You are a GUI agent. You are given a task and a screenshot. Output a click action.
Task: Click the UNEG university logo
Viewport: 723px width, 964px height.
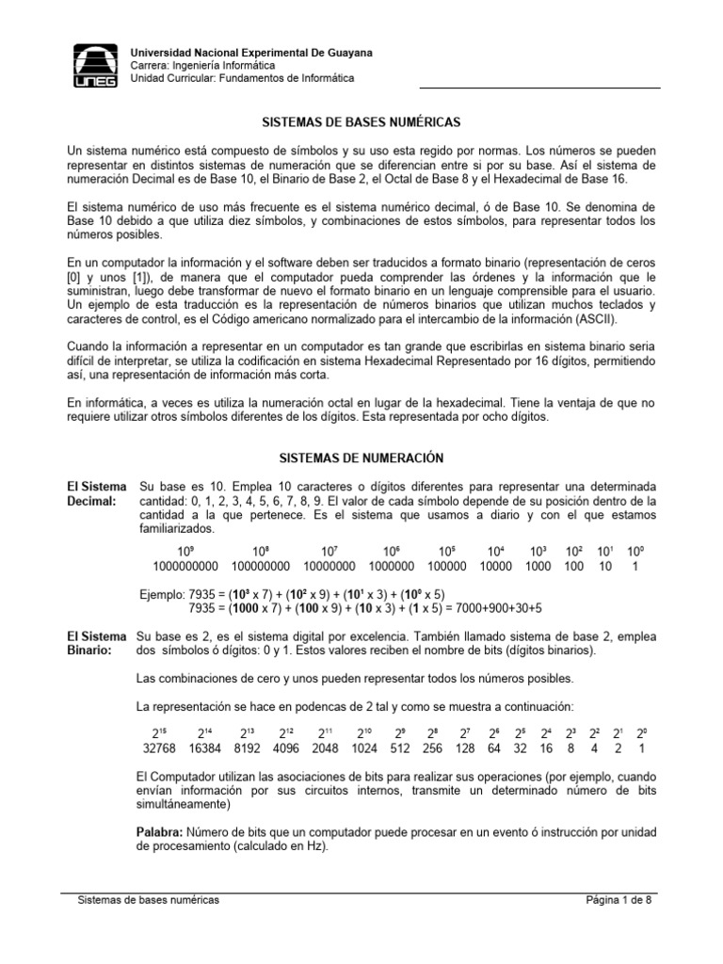[96, 66]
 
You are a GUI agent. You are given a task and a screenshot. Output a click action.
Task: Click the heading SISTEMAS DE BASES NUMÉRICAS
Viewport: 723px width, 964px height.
[361, 122]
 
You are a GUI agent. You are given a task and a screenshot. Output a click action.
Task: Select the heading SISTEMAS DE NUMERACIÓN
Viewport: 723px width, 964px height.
[361, 458]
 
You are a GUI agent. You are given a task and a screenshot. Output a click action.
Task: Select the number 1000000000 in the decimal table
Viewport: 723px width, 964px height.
[185, 566]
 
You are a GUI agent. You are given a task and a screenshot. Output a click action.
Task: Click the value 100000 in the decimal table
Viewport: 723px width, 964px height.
[447, 566]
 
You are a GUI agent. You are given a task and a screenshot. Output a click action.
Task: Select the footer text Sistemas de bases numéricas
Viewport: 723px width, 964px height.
[148, 900]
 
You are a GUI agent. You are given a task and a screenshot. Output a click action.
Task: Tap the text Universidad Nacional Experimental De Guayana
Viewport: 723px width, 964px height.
[249, 54]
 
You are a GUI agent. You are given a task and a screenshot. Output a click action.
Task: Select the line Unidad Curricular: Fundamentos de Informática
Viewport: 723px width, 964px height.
[241, 79]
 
